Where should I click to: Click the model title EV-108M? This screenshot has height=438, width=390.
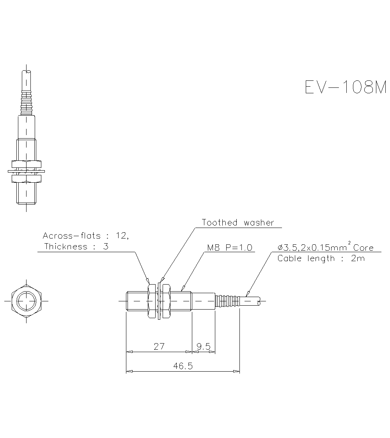coord(345,87)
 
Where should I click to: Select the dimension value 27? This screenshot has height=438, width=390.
coord(159,346)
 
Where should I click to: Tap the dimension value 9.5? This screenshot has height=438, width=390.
coord(204,346)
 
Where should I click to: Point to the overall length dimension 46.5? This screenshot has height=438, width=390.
coord(183,366)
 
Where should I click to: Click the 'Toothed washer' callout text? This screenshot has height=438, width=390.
coord(238,223)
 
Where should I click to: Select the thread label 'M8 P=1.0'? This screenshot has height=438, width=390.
coord(230,247)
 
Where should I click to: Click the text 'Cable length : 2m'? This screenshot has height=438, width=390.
coord(321,258)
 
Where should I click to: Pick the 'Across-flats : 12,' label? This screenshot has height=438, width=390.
coord(85,235)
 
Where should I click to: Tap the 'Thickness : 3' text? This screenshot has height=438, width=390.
coord(76,246)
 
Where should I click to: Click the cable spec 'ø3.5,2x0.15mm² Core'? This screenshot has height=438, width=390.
coord(325,247)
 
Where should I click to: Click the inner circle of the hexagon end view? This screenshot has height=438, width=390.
coord(27,301)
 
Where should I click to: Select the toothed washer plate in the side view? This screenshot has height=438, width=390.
coord(159,301)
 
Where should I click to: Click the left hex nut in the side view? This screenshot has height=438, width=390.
coord(151,301)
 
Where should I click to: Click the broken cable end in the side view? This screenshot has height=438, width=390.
coord(259,301)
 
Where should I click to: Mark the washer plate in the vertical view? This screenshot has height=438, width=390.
coord(26,171)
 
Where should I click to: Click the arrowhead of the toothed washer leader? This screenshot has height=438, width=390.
coord(161,281)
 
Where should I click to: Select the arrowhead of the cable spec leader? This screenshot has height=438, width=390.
coord(246,294)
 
